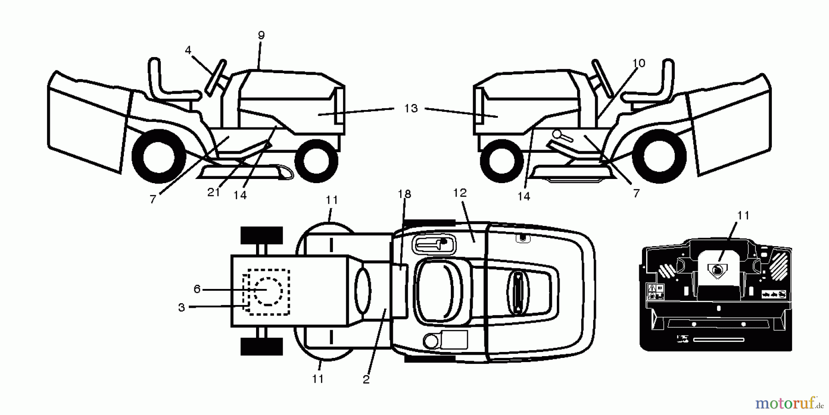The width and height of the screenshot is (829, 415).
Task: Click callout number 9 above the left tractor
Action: pyautogui.click(x=261, y=35)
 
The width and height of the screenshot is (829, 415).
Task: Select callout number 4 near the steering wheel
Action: pyautogui.click(x=188, y=50)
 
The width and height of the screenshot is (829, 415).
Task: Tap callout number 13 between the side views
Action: pyautogui.click(x=411, y=108)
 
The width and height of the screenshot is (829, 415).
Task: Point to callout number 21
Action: pyautogui.click(x=214, y=192)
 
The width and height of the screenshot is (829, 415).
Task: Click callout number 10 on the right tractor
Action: pyautogui.click(x=639, y=63)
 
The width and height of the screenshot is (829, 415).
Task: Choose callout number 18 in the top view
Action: pyautogui.click(x=404, y=194)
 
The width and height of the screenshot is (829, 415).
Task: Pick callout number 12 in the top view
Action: pyautogui.click(x=460, y=193)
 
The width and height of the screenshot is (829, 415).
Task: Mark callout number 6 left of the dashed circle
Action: pyautogui.click(x=197, y=289)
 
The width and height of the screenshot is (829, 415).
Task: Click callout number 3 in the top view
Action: pyautogui.click(x=181, y=307)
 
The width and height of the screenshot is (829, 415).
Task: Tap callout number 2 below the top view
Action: pyautogui.click(x=366, y=380)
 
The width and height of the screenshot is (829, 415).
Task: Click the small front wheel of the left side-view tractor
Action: pyautogui.click(x=316, y=159)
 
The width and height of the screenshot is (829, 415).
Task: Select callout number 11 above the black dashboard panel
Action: pyautogui.click(x=743, y=215)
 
